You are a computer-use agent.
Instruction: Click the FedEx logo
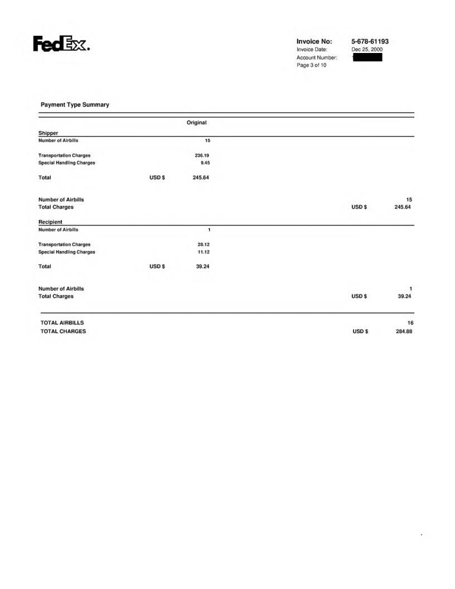tap(61, 44)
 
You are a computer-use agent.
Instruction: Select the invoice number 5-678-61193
tap(370, 41)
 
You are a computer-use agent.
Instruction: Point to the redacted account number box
tap(367, 57)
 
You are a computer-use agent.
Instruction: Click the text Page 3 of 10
tap(312, 65)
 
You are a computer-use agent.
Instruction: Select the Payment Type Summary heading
tap(75, 105)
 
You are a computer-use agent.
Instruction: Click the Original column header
tap(197, 122)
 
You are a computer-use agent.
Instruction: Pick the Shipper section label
tap(48, 133)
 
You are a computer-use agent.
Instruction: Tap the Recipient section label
tap(51, 222)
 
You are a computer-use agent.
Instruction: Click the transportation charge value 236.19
tap(201, 155)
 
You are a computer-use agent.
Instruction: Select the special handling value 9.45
tap(204, 163)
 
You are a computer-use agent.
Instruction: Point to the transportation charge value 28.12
tap(202, 244)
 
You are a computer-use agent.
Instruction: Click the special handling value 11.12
tap(202, 252)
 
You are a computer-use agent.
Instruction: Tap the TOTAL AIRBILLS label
tap(62, 323)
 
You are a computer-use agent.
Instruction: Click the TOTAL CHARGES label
tap(64, 332)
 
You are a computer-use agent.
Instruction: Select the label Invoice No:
tap(314, 41)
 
